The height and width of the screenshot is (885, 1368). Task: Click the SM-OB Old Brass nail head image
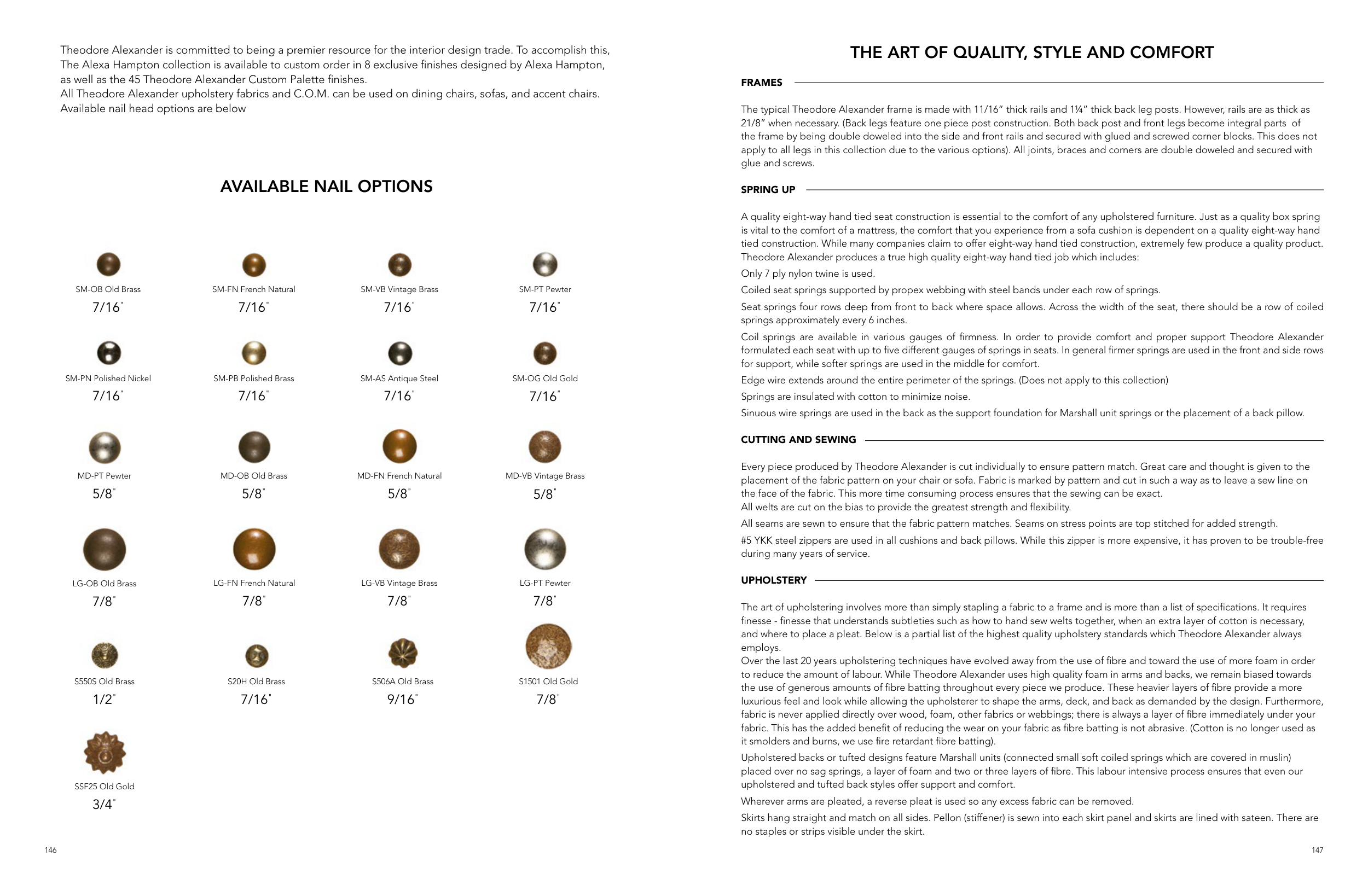[108, 264]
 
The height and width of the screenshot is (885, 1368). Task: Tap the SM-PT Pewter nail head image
[545, 264]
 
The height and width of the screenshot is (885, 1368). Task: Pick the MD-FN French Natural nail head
[399, 446]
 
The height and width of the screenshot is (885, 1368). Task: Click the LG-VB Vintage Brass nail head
[399, 549]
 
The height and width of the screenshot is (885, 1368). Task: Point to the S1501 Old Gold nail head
[548, 647]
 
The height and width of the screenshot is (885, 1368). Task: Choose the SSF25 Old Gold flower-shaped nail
[105, 753]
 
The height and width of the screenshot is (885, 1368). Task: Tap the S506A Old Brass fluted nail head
[402, 653]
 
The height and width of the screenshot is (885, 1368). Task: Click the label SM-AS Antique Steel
[399, 378]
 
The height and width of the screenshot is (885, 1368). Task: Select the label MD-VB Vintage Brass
[545, 476]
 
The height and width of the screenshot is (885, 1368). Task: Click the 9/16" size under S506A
[401, 700]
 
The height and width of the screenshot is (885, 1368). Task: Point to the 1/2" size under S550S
[103, 700]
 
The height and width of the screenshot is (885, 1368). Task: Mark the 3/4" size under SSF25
[103, 805]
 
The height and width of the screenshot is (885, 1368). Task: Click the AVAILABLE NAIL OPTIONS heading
[327, 186]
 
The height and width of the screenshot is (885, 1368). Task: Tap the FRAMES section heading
[762, 83]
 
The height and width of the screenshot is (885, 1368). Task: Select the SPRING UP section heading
[768, 190]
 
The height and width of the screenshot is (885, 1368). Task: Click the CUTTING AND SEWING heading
[798, 440]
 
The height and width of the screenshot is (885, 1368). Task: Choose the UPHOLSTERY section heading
[774, 580]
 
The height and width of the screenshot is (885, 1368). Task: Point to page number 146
[50, 850]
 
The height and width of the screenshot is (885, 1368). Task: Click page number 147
[1318, 850]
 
